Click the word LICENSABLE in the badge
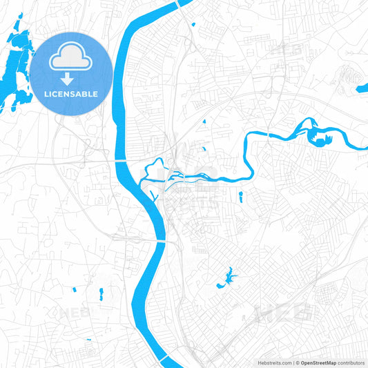pos(71,93)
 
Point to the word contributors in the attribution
pos(351,362)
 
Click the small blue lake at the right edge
pos(362,88)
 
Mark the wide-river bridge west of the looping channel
pos(121,160)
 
